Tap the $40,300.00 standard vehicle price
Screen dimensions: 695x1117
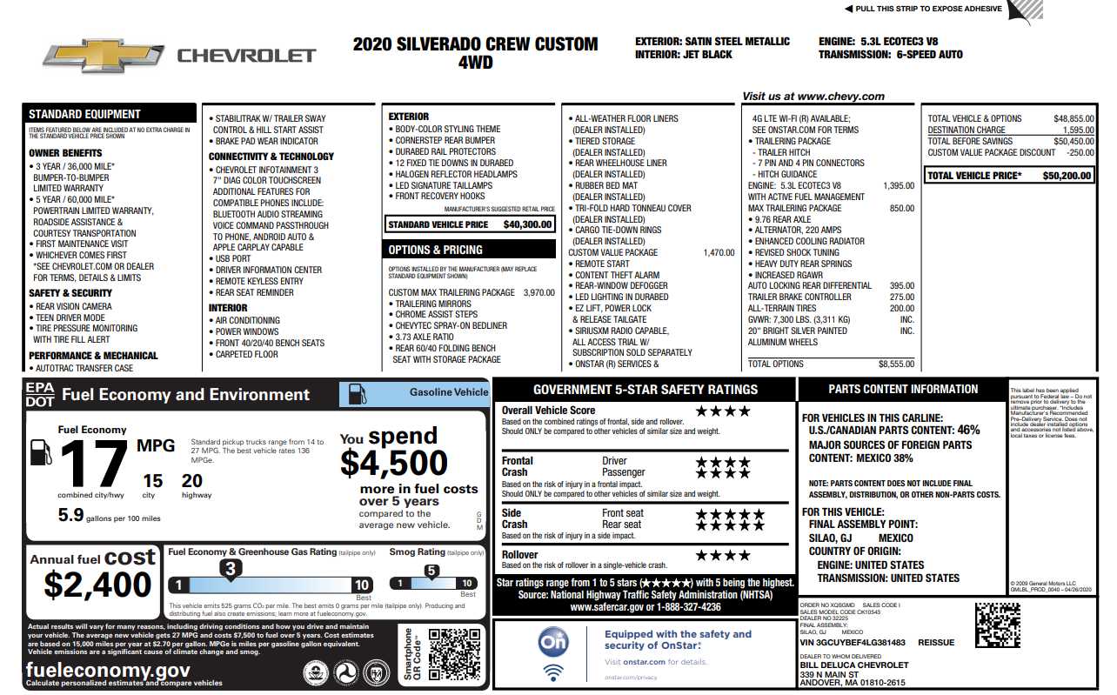527,224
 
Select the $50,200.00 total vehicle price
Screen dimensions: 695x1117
1067,176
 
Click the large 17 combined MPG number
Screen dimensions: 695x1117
93,464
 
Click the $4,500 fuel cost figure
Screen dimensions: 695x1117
393,463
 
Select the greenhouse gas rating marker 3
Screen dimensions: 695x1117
231,569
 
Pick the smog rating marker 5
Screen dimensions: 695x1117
431,571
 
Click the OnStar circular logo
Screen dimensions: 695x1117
553,642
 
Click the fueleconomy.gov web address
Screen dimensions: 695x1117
108,670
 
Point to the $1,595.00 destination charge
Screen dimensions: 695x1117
1073,130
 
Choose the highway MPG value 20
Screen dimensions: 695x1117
192,481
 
